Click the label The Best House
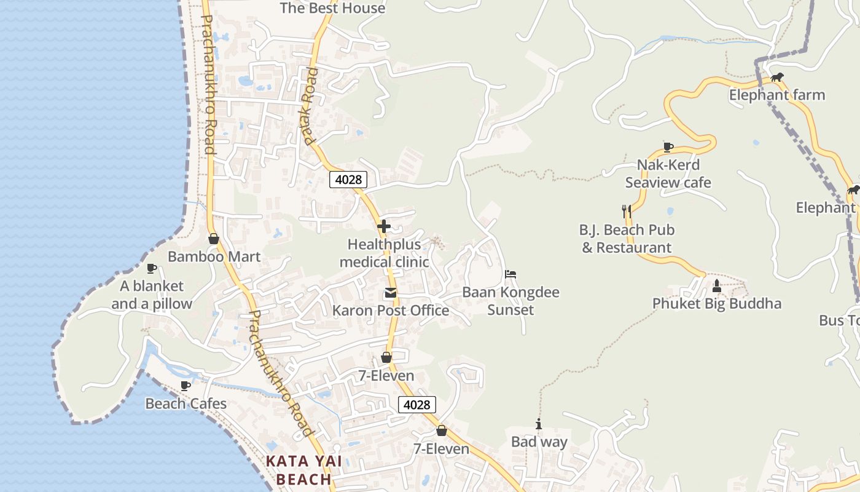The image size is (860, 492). [332, 9]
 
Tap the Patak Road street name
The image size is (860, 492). [308, 106]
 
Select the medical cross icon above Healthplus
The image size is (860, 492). [384, 226]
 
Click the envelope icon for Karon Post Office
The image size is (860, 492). [391, 293]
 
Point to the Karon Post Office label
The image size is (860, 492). [391, 311]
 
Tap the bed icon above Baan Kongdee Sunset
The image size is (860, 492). [510, 274]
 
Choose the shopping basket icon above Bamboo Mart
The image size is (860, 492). [214, 239]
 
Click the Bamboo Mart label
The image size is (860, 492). [214, 256]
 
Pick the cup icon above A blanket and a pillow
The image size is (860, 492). [152, 268]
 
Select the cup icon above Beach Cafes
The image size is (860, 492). [186, 386]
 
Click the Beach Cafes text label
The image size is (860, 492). [186, 404]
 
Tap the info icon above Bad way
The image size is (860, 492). [539, 424]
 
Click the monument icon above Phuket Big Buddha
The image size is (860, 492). [716, 285]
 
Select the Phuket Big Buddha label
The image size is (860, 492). [717, 304]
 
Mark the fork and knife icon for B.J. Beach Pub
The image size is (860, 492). [627, 212]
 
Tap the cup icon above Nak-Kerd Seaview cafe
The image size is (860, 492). [668, 147]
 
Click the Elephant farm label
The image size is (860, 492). [777, 95]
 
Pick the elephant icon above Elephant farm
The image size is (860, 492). [777, 77]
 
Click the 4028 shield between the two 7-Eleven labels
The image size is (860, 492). [417, 405]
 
